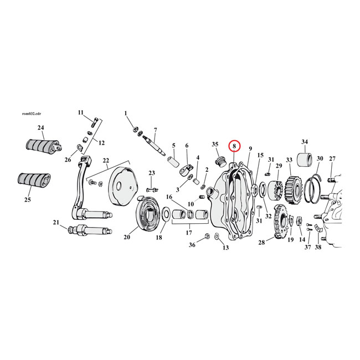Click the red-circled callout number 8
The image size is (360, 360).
[x=235, y=146]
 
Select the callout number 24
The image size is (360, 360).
[x=41, y=128]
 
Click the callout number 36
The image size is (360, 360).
[x=192, y=244]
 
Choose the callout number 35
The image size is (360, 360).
[x=215, y=145]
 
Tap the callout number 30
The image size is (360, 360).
[x=320, y=158]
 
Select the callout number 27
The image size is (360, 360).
[x=332, y=158]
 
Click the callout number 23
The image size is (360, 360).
[x=152, y=173]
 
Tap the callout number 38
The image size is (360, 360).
[x=318, y=247]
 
